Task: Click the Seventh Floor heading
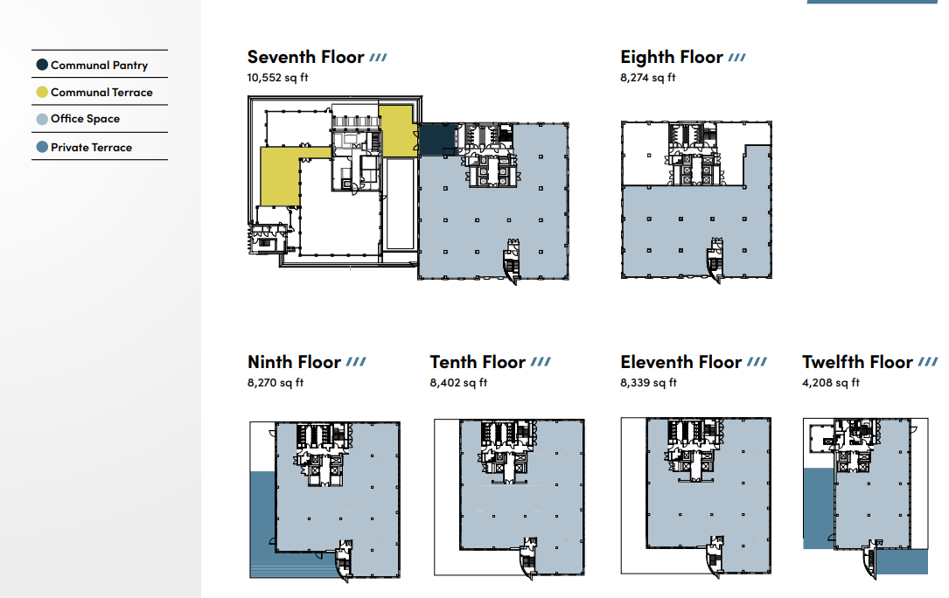[305, 58]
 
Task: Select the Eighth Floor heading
[671, 58]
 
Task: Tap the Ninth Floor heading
[294, 362]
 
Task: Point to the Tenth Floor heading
[478, 362]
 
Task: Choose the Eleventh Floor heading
[680, 362]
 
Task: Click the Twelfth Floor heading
[857, 362]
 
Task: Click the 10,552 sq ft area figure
[277, 78]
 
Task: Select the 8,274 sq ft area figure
[647, 78]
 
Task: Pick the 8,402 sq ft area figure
[458, 383]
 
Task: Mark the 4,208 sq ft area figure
[831, 383]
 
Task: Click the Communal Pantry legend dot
[42, 65]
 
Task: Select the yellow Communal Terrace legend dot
[42, 92]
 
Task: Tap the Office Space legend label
[85, 119]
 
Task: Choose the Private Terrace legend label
[91, 147]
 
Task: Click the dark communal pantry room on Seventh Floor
[436, 139]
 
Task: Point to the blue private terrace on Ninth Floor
[262, 516]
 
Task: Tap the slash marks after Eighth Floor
[737, 58]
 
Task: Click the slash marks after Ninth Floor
[356, 362]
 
